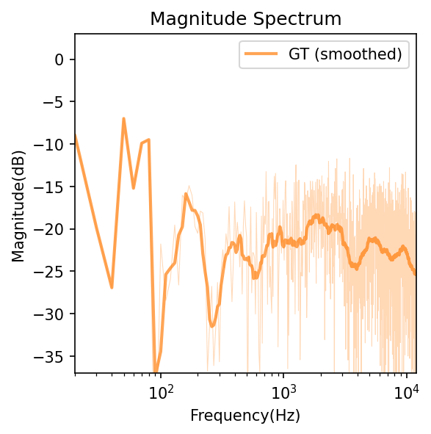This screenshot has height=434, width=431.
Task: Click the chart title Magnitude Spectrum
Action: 245,18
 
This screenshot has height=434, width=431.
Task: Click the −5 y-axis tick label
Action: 56,102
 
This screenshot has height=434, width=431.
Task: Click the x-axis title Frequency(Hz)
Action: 245,415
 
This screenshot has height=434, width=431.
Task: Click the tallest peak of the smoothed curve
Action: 123,118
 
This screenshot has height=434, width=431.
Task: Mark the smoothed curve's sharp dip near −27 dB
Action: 112,287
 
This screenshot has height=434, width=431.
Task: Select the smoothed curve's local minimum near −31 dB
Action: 211,325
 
